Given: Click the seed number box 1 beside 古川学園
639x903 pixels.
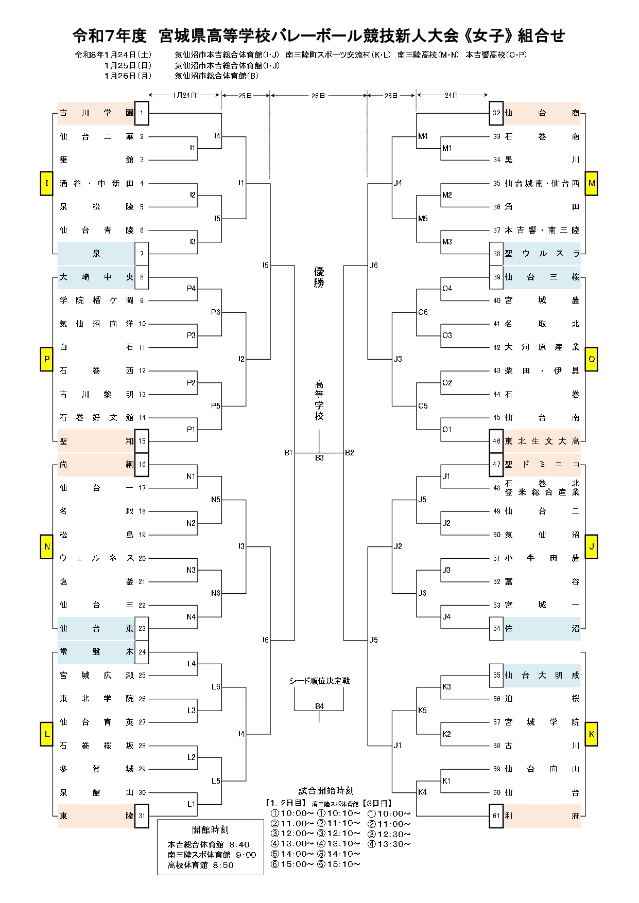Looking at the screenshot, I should (142, 113).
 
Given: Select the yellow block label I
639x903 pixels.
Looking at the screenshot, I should (47, 184).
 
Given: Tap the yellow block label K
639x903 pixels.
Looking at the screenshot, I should (592, 734).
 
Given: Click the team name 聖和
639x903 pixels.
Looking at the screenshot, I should (96, 441).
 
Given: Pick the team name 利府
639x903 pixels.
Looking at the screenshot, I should (542, 816).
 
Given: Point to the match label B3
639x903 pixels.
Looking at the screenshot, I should (319, 458).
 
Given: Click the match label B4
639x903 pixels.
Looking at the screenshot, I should (319, 706).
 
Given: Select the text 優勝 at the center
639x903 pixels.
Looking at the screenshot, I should (319, 277).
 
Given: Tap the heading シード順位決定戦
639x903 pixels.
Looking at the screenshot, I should (319, 681).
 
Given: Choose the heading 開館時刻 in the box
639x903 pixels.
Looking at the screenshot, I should (210, 830).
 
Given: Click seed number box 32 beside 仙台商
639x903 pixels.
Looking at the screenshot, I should (496, 113).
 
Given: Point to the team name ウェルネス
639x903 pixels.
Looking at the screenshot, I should (96, 558).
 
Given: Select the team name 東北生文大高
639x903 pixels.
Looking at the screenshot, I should (542, 441).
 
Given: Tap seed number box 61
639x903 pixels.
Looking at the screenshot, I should (496, 816).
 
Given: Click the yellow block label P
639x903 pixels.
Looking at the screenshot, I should (47, 359).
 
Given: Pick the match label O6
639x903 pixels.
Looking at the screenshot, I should (423, 312).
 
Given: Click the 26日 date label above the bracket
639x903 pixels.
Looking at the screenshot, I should (318, 95).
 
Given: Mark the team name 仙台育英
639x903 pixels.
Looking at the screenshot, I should (96, 722).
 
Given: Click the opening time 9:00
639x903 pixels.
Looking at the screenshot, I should (246, 855).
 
